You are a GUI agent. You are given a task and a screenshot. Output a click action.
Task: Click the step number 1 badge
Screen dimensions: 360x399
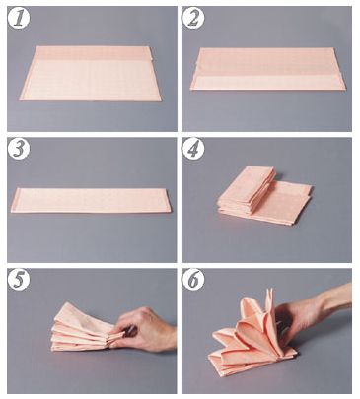tap(19, 19)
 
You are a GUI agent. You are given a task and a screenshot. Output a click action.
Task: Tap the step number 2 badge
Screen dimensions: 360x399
tap(193, 19)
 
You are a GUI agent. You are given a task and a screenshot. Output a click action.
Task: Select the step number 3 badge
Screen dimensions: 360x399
tap(19, 150)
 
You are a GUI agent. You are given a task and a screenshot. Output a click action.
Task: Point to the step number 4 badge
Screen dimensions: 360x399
tap(193, 150)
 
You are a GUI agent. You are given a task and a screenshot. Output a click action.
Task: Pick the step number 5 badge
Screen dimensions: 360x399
tap(19, 280)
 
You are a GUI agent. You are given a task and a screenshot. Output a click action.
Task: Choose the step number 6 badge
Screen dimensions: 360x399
tap(193, 280)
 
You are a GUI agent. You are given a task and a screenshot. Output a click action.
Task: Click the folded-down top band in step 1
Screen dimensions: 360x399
tap(94, 53)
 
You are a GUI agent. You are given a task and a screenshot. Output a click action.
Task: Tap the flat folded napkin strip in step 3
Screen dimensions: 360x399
tap(91, 200)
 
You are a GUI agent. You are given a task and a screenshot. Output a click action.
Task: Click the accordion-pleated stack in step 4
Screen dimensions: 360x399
tap(247, 190)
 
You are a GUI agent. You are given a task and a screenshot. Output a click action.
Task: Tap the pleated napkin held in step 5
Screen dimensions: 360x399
tap(86, 328)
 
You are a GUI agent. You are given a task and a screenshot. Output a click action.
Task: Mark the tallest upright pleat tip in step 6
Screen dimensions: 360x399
tap(270, 290)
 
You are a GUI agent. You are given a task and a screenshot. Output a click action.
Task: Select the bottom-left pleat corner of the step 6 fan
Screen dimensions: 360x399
tap(209, 358)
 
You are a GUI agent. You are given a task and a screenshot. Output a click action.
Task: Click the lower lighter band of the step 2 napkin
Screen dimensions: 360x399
tap(268, 83)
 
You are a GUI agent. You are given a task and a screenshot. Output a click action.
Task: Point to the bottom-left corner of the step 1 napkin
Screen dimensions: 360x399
tap(21, 99)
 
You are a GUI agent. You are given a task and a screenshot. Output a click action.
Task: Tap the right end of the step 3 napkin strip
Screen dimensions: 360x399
tap(171, 201)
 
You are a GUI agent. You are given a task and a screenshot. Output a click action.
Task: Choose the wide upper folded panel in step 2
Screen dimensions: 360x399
tap(269, 62)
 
